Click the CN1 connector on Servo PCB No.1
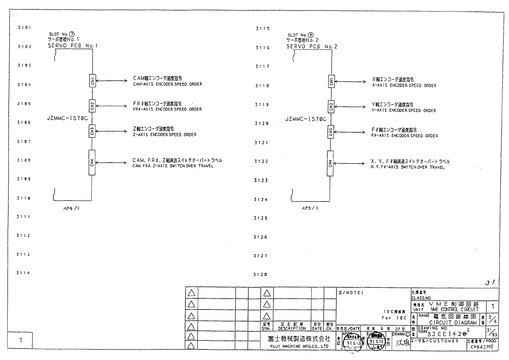(92, 81)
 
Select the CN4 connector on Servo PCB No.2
(330, 164)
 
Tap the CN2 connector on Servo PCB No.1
(92, 106)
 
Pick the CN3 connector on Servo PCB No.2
(331, 132)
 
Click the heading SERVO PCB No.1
(73, 46)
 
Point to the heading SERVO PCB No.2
(312, 47)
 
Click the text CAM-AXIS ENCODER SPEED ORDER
(167, 84)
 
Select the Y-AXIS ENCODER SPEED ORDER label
(404, 111)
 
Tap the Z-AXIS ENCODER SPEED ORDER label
(165, 135)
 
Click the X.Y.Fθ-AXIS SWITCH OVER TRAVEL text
(408, 167)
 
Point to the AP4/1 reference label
(71, 209)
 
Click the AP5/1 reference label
(310, 209)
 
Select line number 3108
(24, 160)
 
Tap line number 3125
(261, 218)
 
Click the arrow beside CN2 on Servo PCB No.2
(350, 107)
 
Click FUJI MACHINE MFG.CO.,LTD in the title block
(298, 346)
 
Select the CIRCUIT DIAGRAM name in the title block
(453, 323)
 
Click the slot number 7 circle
(72, 34)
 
